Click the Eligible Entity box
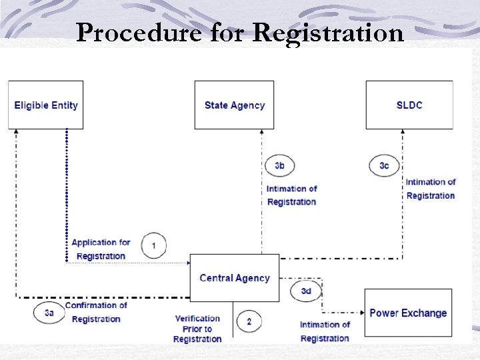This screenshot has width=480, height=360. click(45, 105)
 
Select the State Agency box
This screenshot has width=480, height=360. click(234, 105)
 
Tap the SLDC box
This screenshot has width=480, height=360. click(409, 105)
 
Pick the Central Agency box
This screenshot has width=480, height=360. click(234, 278)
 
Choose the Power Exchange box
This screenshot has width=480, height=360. click(408, 313)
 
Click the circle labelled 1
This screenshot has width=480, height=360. click(154, 245)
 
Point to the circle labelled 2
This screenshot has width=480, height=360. click(249, 321)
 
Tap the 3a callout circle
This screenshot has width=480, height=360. click(49, 312)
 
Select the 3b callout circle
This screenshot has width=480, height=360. click(280, 165)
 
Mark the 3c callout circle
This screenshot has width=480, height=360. click(384, 165)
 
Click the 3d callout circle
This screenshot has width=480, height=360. click(306, 291)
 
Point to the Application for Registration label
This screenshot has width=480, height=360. click(101, 249)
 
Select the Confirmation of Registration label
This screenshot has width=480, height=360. click(96, 312)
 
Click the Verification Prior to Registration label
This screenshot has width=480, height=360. click(197, 329)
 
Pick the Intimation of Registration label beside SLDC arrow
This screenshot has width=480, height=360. click(431, 189)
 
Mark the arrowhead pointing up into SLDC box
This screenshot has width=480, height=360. click(402, 133)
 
